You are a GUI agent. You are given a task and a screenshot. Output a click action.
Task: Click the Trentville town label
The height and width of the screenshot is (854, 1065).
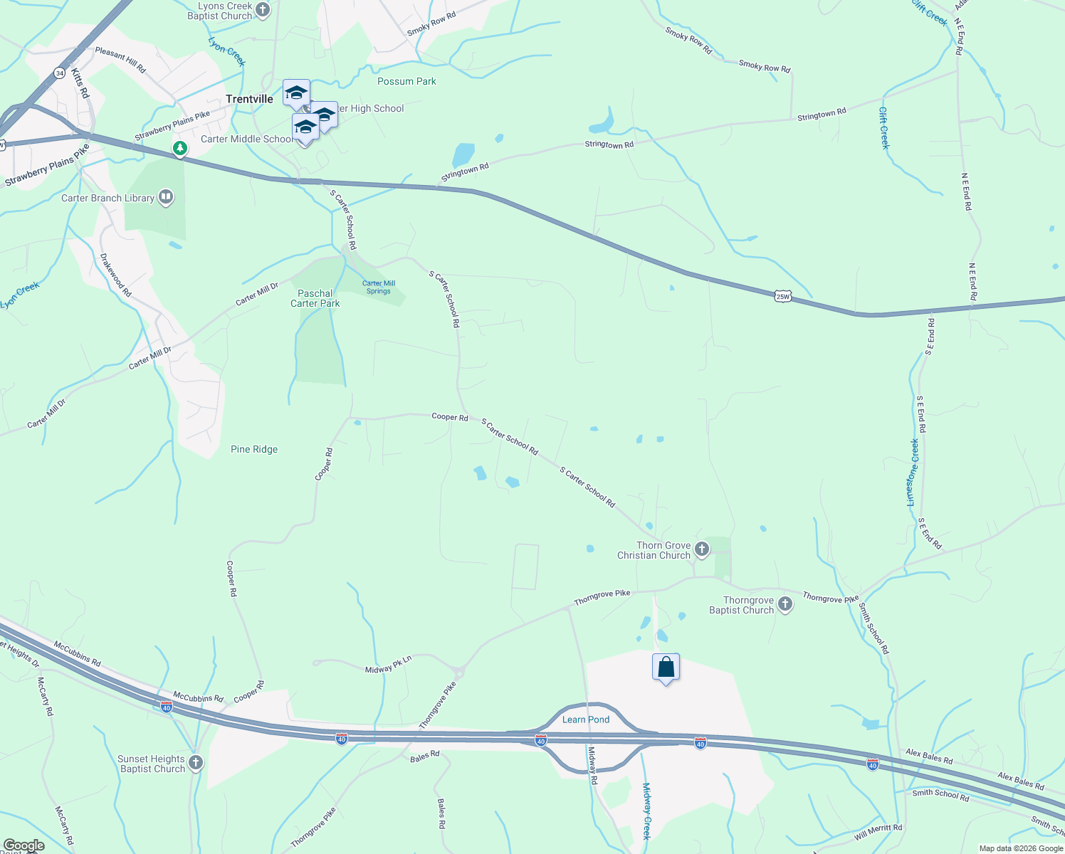point(249,100)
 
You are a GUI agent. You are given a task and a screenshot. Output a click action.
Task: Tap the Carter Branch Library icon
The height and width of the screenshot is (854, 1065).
point(166,197)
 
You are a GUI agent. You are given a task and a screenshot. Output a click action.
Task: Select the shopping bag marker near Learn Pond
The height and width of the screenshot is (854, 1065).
point(666,668)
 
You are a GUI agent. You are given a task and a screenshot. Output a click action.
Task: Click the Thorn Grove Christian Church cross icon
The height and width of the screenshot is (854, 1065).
point(702,549)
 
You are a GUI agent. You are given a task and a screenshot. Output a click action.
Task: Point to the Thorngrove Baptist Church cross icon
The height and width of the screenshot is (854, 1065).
point(785,604)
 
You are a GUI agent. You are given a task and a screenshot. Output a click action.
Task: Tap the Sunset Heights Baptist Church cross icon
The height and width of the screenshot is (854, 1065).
point(196,763)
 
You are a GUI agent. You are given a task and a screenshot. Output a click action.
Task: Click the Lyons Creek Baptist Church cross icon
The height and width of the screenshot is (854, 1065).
point(263,10)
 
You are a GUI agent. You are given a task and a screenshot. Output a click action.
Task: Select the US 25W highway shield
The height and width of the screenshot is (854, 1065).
point(783,296)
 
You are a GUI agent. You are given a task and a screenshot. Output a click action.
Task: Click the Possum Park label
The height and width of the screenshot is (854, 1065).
point(406,82)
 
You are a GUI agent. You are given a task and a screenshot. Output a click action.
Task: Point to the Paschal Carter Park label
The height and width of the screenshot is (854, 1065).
point(315,298)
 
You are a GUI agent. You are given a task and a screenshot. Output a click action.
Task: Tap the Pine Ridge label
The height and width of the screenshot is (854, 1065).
point(254,450)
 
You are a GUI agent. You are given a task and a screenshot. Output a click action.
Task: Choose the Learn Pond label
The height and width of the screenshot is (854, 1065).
point(586,719)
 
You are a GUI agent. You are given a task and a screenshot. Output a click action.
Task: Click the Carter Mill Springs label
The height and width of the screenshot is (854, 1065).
point(379,287)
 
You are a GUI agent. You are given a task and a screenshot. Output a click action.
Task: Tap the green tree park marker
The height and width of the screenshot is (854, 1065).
point(180,148)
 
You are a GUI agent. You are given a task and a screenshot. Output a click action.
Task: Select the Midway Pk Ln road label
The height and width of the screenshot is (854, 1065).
point(388,665)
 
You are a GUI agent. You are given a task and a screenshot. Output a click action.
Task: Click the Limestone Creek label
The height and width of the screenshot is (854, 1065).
point(913,472)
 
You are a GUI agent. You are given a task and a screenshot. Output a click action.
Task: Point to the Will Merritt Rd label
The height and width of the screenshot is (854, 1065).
point(878,832)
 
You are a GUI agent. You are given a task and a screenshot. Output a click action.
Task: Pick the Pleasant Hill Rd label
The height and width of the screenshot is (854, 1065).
point(120,60)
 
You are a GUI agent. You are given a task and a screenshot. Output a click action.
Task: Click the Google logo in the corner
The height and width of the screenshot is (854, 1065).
point(23,845)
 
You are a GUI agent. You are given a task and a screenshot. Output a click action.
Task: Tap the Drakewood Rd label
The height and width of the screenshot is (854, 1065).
point(115,275)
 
